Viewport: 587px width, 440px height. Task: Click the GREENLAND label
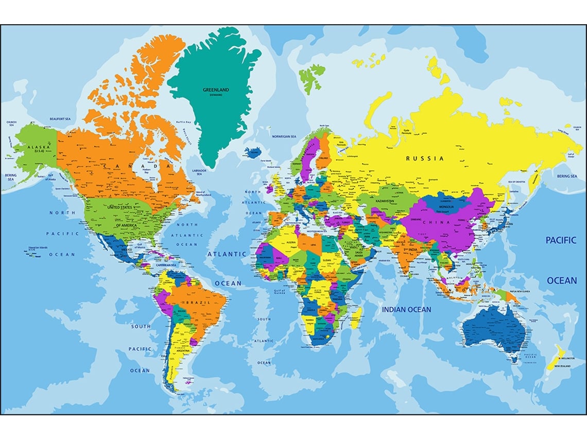pyautogui.click(x=216, y=90)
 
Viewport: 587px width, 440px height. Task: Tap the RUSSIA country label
pyautogui.click(x=425, y=159)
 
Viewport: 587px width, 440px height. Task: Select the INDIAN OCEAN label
pyautogui.click(x=406, y=309)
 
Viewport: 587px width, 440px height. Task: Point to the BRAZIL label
pyautogui.click(x=198, y=302)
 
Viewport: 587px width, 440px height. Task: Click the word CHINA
pyautogui.click(x=437, y=222)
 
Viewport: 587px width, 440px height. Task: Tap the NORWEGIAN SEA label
pyautogui.click(x=284, y=136)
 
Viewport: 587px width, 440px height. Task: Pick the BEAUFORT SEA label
pyautogui.click(x=60, y=119)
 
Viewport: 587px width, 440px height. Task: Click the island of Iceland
pyautogui.click(x=253, y=152)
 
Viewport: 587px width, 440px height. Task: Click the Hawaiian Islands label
pyautogui.click(x=38, y=247)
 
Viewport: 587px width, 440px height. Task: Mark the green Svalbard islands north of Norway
pyautogui.click(x=310, y=76)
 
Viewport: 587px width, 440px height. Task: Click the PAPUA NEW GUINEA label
pyautogui.click(x=520, y=291)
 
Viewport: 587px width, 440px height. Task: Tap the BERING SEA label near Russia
pyautogui.click(x=566, y=176)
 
